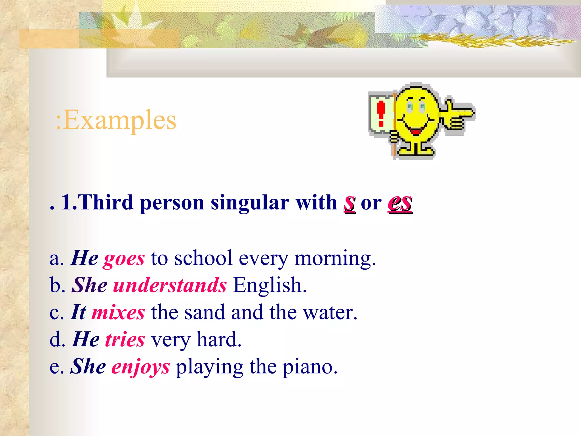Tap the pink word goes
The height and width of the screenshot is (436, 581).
point(124,259)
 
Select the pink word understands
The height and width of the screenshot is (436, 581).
point(170,285)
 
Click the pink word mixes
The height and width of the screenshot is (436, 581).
point(118,312)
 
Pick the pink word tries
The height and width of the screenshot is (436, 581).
point(125,339)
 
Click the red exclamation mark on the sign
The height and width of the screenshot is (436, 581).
point(381,114)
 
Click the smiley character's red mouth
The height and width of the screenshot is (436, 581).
point(416,131)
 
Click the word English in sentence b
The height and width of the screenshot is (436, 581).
point(270,285)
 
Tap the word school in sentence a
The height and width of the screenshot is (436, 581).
point(203,258)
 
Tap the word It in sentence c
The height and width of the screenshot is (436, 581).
point(78,312)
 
